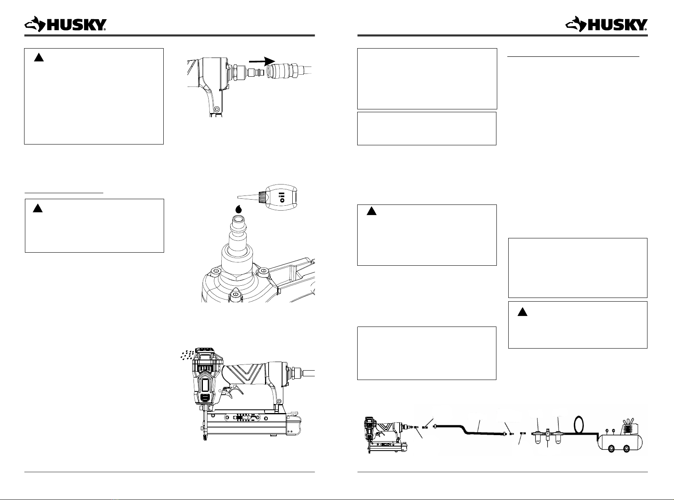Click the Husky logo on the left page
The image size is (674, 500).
(x=65, y=24)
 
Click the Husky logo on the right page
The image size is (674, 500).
(x=606, y=24)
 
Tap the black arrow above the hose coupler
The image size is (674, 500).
(x=262, y=61)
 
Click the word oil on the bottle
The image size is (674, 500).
(x=283, y=197)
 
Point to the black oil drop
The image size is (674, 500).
(x=239, y=209)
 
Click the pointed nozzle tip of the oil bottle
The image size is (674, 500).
(x=238, y=197)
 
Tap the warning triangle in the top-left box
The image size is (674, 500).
(x=39, y=58)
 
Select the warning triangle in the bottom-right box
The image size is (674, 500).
(x=523, y=312)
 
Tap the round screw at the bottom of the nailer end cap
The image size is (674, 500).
(x=216, y=109)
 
